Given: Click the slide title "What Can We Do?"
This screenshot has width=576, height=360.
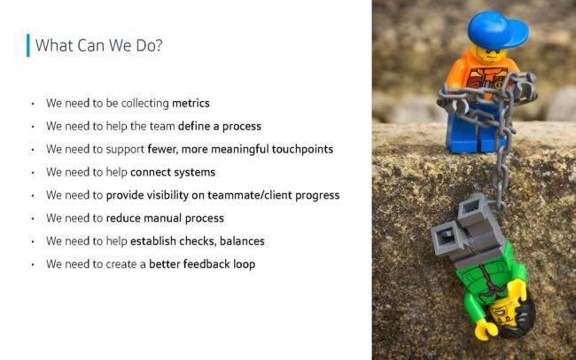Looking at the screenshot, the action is (x=98, y=45).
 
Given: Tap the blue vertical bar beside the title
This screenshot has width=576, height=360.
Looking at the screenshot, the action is (x=28, y=45).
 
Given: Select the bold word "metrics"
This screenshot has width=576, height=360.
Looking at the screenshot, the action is (x=191, y=103).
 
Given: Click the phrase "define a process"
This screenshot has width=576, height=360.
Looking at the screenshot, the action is (x=219, y=126).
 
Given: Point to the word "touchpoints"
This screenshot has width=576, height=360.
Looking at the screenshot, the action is (x=302, y=149).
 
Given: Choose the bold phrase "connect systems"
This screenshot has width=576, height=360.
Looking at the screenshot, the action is (x=173, y=172).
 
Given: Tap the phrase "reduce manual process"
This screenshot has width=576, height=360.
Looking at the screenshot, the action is (x=165, y=218).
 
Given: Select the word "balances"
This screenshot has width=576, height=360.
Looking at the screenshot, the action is (x=242, y=241).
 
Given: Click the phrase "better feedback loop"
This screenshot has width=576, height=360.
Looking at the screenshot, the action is (x=202, y=264).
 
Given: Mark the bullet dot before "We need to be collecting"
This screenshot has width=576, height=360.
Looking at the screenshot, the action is (x=33, y=104).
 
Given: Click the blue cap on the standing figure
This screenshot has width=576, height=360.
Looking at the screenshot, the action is (x=496, y=30).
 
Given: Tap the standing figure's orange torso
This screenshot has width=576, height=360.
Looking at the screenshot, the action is (x=481, y=75).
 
